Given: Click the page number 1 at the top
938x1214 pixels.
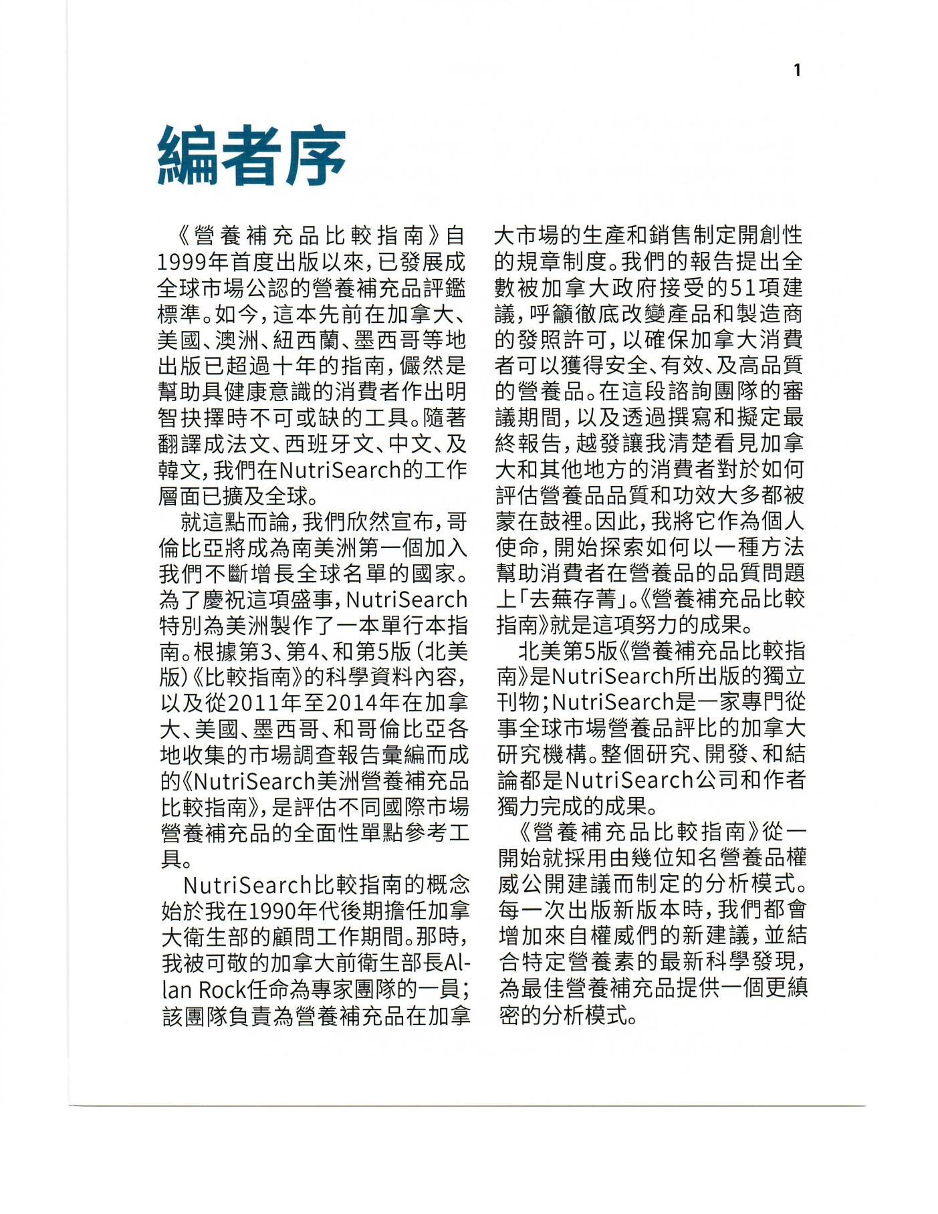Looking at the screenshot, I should pyautogui.click(x=796, y=70).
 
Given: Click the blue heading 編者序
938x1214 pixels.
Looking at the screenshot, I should pyautogui.click(x=251, y=156).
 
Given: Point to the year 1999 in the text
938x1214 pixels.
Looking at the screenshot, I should pyautogui.click(x=184, y=262).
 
